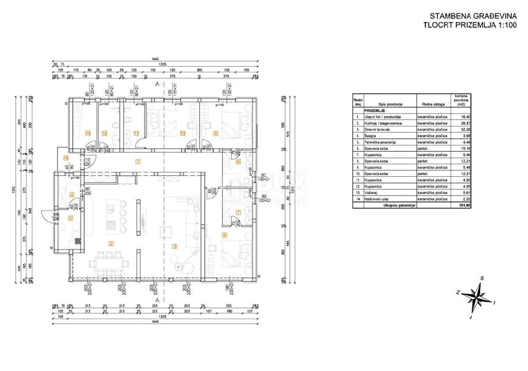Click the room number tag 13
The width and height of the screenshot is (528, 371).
click(88, 133)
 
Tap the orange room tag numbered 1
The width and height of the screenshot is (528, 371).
click(138, 161)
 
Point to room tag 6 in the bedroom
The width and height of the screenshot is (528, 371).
click(224, 235)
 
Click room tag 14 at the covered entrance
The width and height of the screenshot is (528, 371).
click(66, 157)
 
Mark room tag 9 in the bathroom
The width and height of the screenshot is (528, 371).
click(238, 161)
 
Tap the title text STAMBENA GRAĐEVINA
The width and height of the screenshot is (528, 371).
click(467, 15)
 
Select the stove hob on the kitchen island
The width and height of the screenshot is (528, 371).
click(110, 225)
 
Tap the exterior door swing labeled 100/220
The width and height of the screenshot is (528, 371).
click(48, 216)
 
